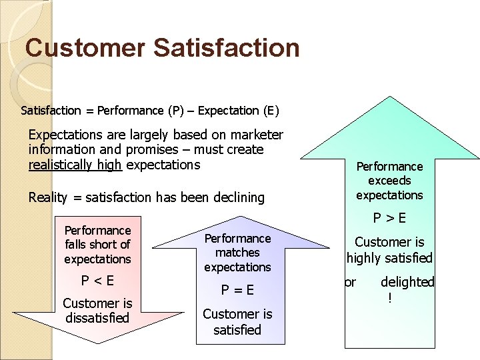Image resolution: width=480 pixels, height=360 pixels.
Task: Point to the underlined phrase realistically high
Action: (x=75, y=164)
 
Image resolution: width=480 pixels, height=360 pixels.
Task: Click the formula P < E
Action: (x=97, y=281)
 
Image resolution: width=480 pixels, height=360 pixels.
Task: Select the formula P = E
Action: (x=237, y=290)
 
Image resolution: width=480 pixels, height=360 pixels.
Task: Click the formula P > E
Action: (x=389, y=219)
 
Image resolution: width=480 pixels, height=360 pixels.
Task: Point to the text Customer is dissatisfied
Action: (x=97, y=311)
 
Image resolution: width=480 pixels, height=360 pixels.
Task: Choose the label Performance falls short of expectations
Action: (x=97, y=245)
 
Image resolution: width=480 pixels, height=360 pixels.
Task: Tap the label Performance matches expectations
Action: (x=237, y=253)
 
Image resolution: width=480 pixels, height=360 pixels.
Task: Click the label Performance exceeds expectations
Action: (x=389, y=181)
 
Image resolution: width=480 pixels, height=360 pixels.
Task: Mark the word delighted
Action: (x=407, y=282)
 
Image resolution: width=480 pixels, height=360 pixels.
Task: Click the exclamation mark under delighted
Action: (x=390, y=297)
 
